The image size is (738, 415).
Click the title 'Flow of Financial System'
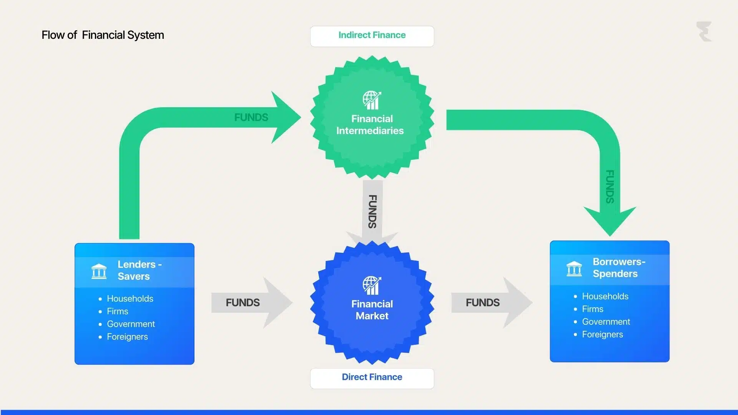pos(103,35)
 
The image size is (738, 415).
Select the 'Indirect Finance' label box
pos(372,36)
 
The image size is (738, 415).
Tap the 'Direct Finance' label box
pos(372,378)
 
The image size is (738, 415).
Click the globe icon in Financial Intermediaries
pos(372,100)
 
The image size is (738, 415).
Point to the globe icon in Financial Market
pos(372,286)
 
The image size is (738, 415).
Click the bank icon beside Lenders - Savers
pos(99,271)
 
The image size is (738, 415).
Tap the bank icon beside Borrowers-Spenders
pos(574,269)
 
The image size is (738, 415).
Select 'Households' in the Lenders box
pos(130,299)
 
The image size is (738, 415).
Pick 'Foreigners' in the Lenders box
pos(127,337)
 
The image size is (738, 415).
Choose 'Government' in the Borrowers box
pos(606,322)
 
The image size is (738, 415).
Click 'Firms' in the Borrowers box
pos(592,309)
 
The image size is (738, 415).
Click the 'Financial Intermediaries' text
pos(371,124)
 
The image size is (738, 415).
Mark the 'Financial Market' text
pos(372,310)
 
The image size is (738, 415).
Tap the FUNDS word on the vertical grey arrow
pos(372,211)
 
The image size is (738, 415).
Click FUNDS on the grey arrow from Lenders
pos(243,303)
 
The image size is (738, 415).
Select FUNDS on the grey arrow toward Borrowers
pos(482,303)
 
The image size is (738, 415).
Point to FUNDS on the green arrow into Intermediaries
pos(251,118)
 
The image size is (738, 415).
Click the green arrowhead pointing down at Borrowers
pos(610,221)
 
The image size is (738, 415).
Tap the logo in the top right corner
pos(704,32)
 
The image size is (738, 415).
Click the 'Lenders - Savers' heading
pos(139,270)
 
